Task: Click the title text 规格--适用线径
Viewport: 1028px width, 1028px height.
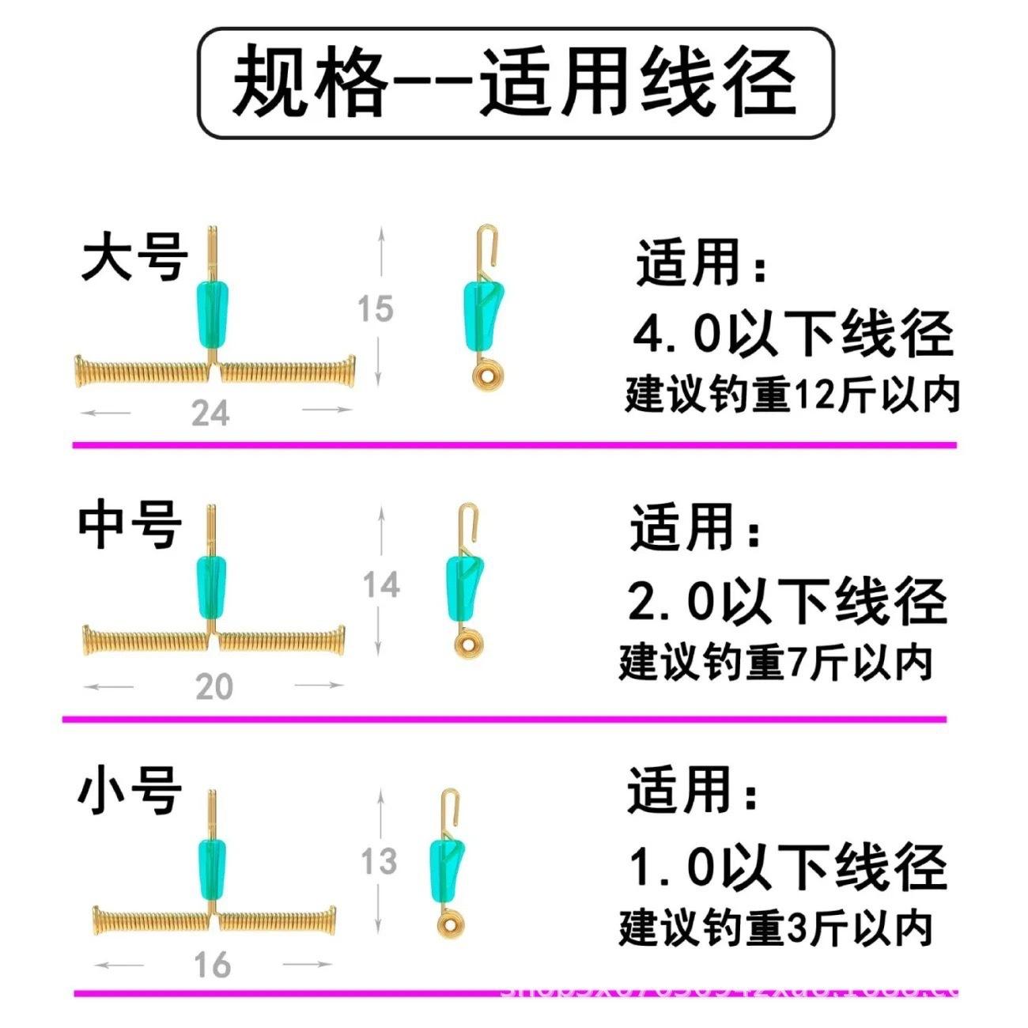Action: tap(514, 82)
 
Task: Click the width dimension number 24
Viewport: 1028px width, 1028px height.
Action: tap(210, 413)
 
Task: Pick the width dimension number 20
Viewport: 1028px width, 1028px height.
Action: tap(214, 686)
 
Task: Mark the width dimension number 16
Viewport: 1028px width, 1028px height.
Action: tap(212, 965)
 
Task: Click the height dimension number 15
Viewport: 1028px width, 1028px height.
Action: tap(375, 308)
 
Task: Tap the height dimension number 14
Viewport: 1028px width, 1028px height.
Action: tap(381, 585)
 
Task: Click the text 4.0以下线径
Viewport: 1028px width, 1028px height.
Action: tap(793, 334)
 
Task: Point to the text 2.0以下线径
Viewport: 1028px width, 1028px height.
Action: tap(788, 602)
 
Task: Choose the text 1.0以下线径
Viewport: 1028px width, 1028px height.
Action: tap(788, 867)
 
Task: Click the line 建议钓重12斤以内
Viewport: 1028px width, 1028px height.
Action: tap(792, 394)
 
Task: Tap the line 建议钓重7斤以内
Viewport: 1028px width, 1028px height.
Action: tap(776, 663)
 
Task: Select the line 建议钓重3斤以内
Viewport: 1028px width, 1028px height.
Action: tap(776, 928)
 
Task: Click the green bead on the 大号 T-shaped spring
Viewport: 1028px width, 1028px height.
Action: tap(210, 308)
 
